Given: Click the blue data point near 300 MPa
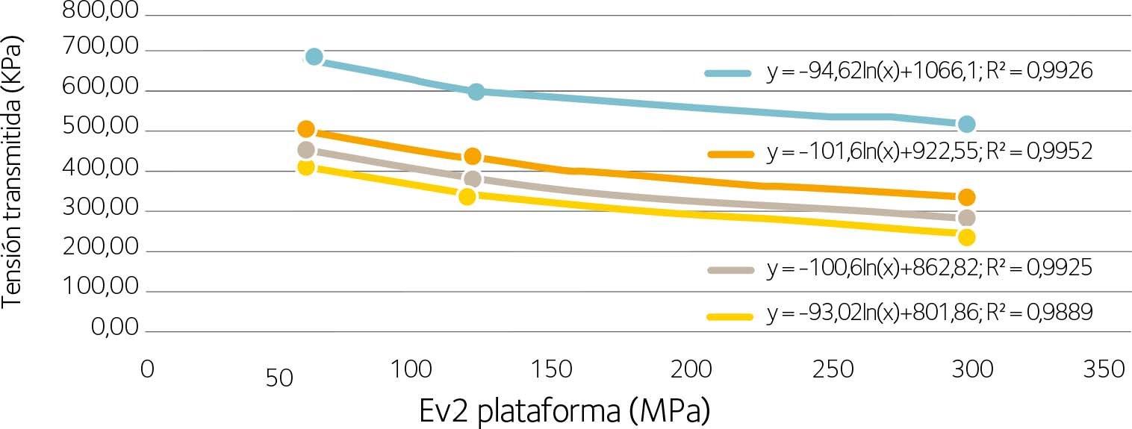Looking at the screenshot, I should click(x=967, y=124).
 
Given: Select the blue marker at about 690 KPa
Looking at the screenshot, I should click(x=314, y=57).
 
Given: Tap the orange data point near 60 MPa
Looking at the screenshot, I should click(x=306, y=130).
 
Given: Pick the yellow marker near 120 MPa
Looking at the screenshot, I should click(x=467, y=196).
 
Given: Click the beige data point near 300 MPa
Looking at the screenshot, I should click(x=967, y=218).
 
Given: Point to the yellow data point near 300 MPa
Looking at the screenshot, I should click(x=967, y=237).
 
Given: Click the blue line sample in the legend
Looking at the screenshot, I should click(x=727, y=72).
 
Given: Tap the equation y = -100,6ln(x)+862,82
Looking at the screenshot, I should click(x=930, y=269).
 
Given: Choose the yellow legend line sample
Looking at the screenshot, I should click(x=727, y=316).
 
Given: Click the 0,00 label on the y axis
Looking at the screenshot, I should click(x=114, y=328).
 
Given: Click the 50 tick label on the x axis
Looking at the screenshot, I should click(x=279, y=378).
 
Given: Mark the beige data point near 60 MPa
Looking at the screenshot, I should click(x=306, y=150).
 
